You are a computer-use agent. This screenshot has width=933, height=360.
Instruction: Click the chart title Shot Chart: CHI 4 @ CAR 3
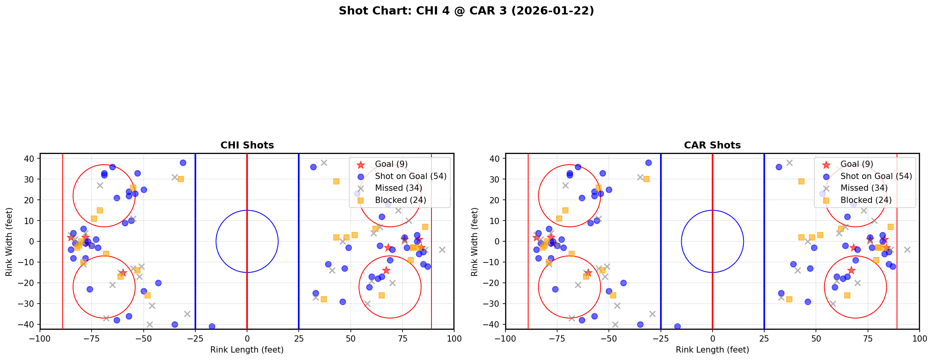pyautogui.click(x=466, y=11)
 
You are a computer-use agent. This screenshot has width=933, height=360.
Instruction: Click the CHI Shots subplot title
pyautogui.click(x=247, y=145)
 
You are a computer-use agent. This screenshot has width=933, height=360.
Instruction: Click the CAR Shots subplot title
pyautogui.click(x=712, y=145)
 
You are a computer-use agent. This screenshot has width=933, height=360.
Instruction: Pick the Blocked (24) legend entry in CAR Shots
pyautogui.click(x=866, y=200)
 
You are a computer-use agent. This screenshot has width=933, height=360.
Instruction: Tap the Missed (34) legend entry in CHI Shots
pyautogui.click(x=398, y=188)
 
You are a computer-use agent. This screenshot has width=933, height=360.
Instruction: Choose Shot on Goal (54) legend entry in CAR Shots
pyautogui.click(x=876, y=176)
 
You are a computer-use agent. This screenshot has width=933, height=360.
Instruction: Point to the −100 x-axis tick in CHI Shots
pyautogui.click(x=40, y=338)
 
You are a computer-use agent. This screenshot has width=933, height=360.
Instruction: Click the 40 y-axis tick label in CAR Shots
pyautogui.click(x=494, y=158)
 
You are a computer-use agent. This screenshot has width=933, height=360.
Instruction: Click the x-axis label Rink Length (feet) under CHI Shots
pyautogui.click(x=247, y=350)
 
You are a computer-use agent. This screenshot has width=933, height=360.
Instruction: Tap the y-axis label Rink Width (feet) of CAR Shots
pyautogui.click(x=475, y=242)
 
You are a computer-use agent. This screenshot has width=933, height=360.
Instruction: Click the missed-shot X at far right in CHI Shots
pyautogui.click(x=442, y=250)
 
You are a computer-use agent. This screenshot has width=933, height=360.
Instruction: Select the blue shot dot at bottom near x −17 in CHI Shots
pyautogui.click(x=212, y=326)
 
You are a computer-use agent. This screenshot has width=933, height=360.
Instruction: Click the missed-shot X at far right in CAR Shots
pyautogui.click(x=907, y=250)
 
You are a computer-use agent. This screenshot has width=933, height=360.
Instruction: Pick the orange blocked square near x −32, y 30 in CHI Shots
pyautogui.click(x=180, y=179)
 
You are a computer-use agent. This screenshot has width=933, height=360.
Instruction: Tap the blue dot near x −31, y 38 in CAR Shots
pyautogui.click(x=648, y=163)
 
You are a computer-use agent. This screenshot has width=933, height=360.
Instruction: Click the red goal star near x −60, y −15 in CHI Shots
pyautogui.click(x=123, y=273)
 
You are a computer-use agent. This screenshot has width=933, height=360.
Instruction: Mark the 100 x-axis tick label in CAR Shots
pyautogui.click(x=919, y=338)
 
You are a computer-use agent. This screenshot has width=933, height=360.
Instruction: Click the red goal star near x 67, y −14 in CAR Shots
pyautogui.click(x=851, y=270)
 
